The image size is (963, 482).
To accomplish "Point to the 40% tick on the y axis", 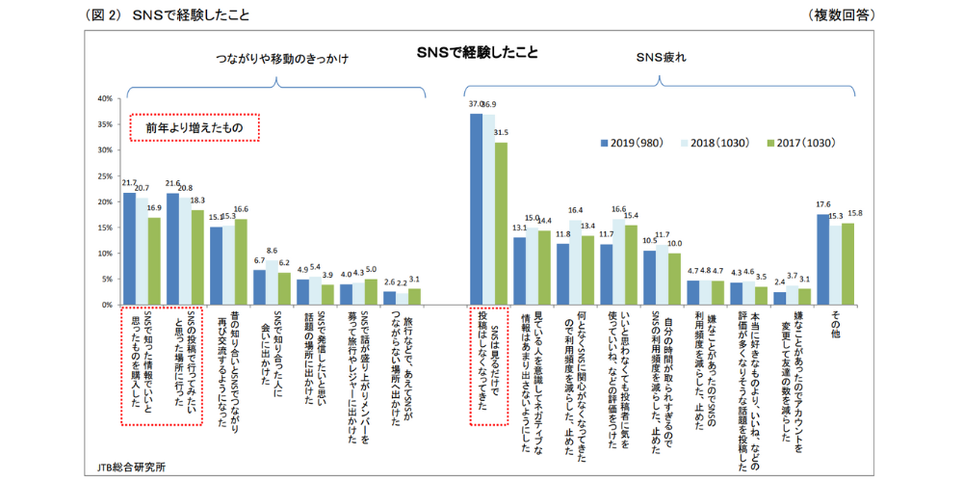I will [x=106, y=98].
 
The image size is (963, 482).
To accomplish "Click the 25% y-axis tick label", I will [x=106, y=175].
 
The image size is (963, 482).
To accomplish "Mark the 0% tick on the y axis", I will [x=108, y=305].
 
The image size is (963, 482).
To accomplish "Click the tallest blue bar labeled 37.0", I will [x=476, y=209].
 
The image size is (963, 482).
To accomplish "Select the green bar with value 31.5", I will [x=500, y=224].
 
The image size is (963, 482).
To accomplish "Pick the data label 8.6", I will [x=272, y=251].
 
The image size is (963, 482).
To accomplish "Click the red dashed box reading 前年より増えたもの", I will [x=195, y=127].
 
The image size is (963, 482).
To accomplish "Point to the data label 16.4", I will [x=576, y=210].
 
